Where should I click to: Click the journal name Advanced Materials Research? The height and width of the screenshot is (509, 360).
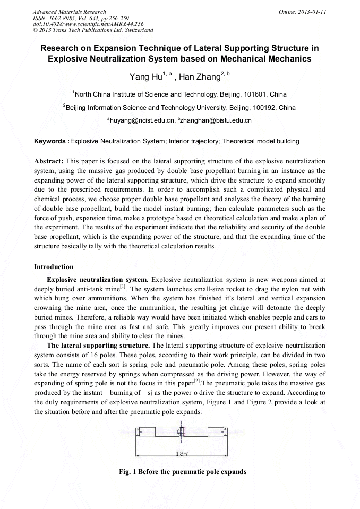point(69,12)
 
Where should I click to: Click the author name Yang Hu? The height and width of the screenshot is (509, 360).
point(146,77)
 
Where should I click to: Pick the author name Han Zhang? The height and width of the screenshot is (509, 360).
point(199,77)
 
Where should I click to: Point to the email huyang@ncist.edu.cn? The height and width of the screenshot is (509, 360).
point(142,120)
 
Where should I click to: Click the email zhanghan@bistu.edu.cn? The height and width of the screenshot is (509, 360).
point(216,120)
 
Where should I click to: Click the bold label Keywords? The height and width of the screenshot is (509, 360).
point(50,141)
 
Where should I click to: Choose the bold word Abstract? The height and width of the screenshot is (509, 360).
point(49,160)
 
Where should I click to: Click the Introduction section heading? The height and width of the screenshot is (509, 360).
point(54,266)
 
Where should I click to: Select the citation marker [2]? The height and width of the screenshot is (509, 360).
point(196,381)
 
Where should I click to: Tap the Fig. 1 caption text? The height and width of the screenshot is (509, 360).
point(183,471)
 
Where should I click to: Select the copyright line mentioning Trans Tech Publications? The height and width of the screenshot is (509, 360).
point(92,30)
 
